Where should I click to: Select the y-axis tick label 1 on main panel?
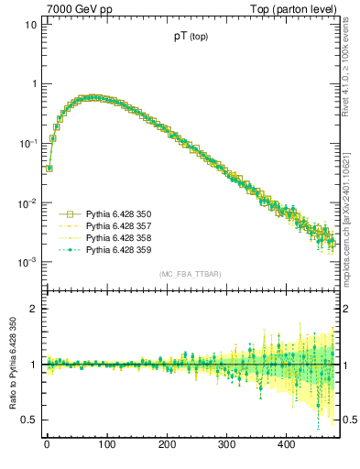33,83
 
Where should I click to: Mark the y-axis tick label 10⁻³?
27,262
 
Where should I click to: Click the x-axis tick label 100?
106,444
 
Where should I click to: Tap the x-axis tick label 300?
226,444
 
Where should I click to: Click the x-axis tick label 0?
47,444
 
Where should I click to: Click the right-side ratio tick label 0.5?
349,420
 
